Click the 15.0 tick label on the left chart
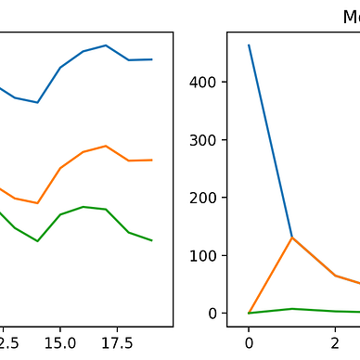pos(60,341)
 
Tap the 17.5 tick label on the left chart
pos(106,341)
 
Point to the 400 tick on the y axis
pos(209,83)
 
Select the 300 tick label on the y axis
pos(209,140)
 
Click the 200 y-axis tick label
pos(209,198)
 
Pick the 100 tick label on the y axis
pos(209,255)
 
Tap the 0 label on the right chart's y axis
pos(216,313)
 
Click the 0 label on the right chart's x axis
pos(249,341)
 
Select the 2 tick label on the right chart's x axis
pos(335,341)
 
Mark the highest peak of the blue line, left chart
pos(106,45)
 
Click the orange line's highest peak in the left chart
pos(106,146)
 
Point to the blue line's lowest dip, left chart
pos(37,102)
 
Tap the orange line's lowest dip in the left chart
pos(37,202)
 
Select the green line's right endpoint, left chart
pos(151,240)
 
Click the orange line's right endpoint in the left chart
pos(151,160)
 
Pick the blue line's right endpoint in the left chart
pos(151,59)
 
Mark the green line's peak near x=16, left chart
pos(84,206)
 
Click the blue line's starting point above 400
pos(249,45)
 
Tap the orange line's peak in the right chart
pos(292,238)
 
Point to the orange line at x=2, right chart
pos(335,276)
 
